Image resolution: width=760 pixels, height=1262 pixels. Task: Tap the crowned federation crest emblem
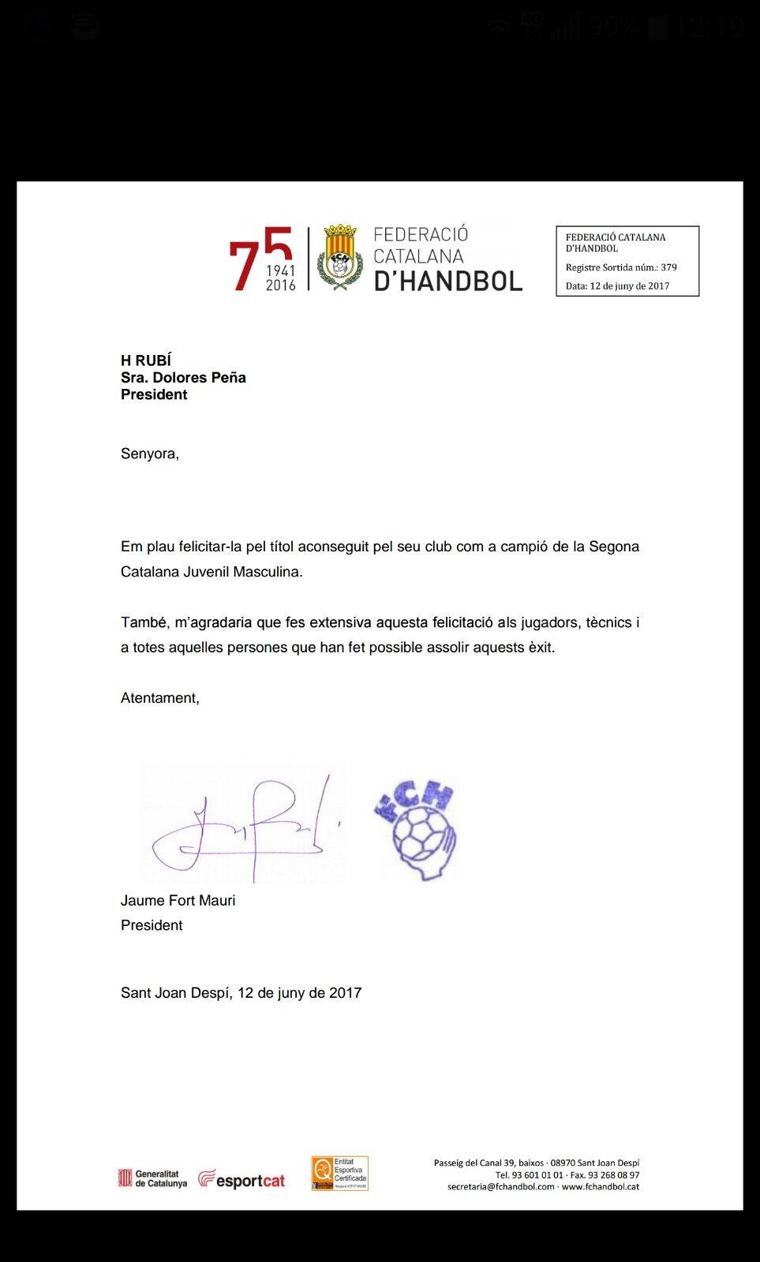pyautogui.click(x=340, y=257)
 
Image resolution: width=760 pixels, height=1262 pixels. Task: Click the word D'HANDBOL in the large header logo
pyautogui.click(x=447, y=282)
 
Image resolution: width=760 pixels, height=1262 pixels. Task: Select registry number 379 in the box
pyautogui.click(x=668, y=267)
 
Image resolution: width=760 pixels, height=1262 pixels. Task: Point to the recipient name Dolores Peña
pyautogui.click(x=199, y=378)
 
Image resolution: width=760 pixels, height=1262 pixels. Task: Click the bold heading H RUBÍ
pyautogui.click(x=146, y=360)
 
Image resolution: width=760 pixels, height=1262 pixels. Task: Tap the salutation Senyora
pyautogui.click(x=149, y=454)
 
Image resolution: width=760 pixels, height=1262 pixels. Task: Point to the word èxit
pyautogui.click(x=541, y=648)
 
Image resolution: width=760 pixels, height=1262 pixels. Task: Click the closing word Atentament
pyautogui.click(x=159, y=698)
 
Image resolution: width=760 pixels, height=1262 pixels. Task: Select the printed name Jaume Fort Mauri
pyautogui.click(x=178, y=901)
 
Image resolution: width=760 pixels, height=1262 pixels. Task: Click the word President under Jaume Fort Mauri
pyautogui.click(x=152, y=925)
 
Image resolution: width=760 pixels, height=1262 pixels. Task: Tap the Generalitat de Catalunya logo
pyautogui.click(x=153, y=1178)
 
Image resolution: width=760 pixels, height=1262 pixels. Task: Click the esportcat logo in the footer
pyautogui.click(x=241, y=1180)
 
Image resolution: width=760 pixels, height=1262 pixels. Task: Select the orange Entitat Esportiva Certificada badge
pyautogui.click(x=340, y=1174)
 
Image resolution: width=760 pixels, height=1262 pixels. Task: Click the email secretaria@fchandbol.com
pyautogui.click(x=500, y=1187)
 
